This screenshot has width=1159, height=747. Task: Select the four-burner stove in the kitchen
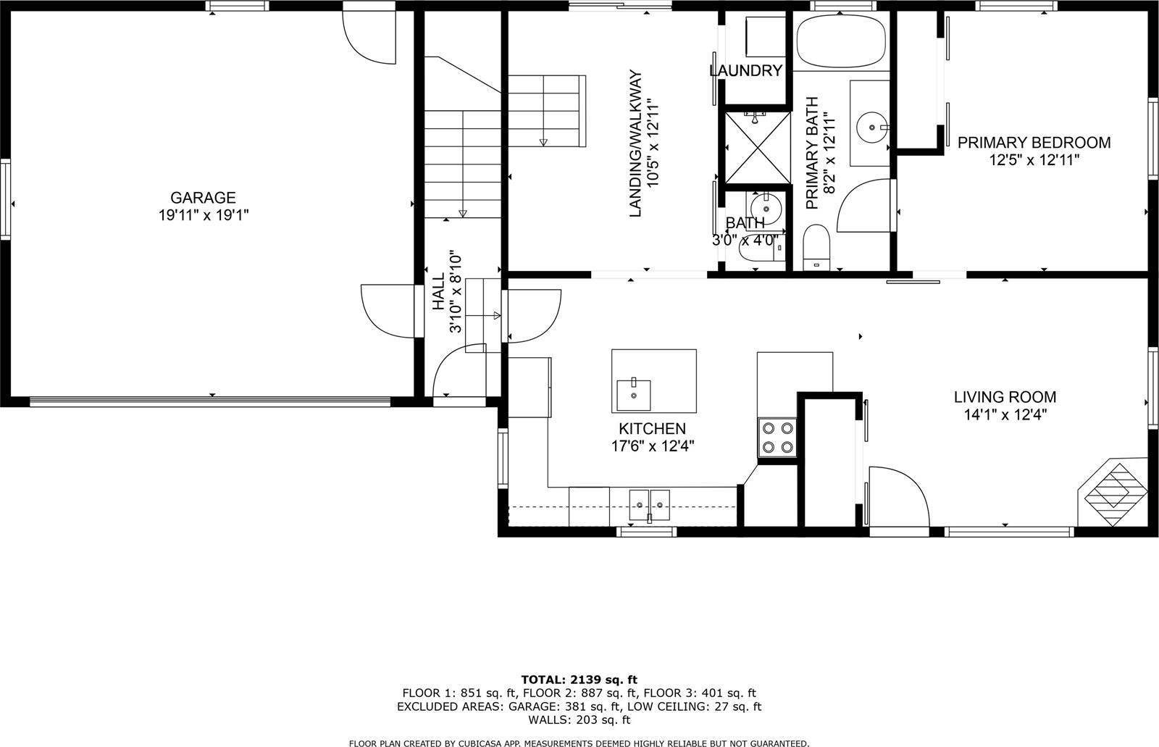(x=777, y=438)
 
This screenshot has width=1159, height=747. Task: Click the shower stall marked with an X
(x=755, y=146)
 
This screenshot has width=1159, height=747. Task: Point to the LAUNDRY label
(x=746, y=70)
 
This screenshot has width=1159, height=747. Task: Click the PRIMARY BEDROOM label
(x=1034, y=143)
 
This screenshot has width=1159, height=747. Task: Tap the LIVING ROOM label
(x=1004, y=397)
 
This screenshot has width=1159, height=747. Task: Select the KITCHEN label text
(x=651, y=428)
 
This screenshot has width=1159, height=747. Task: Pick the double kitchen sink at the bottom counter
(x=649, y=503)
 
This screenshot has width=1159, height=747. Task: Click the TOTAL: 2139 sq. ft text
(x=579, y=679)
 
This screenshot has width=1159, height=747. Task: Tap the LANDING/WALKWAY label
(x=636, y=143)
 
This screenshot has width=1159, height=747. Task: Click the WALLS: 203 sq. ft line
(x=579, y=719)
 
